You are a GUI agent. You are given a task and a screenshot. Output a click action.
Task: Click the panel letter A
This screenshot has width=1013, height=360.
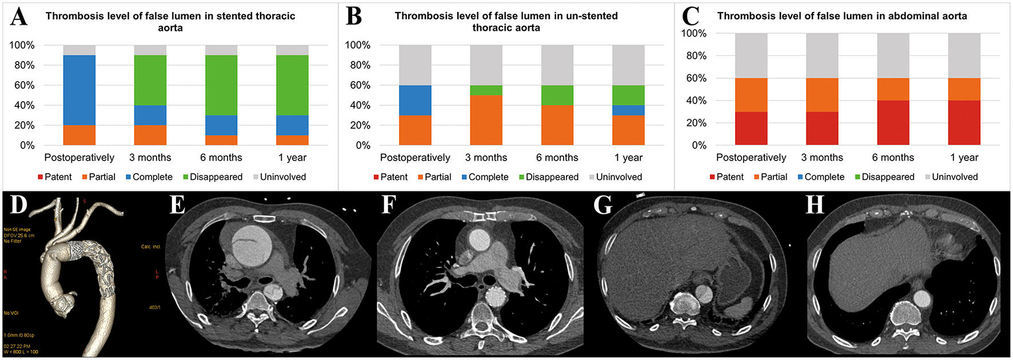18,17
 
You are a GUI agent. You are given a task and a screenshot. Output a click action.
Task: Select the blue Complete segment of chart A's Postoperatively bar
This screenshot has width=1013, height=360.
79,90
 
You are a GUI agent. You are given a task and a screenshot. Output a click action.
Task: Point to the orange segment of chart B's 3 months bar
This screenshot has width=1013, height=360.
486,120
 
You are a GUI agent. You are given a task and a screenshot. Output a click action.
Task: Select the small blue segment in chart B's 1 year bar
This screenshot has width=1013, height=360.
628,110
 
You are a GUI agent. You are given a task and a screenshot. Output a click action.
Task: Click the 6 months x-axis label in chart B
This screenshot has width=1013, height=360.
557,158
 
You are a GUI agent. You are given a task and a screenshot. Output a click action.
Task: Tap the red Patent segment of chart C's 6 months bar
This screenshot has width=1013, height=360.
893,123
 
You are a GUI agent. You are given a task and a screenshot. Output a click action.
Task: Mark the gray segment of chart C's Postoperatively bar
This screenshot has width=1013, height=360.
751,55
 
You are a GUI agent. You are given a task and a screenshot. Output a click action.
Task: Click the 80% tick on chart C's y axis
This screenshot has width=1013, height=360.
695,56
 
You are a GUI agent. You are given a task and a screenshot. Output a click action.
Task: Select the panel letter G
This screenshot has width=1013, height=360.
603,204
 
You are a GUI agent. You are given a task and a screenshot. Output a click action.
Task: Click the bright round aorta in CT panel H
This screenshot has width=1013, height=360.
922,298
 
